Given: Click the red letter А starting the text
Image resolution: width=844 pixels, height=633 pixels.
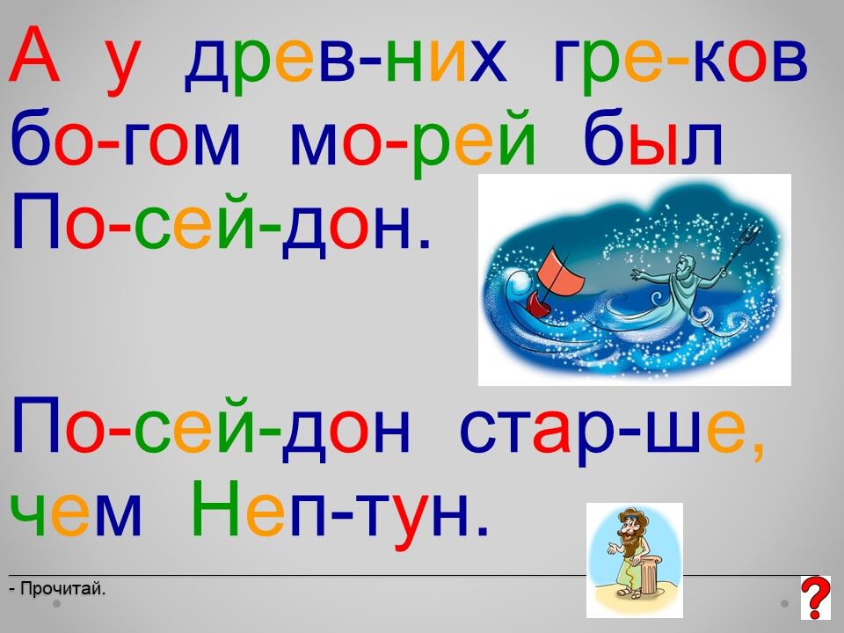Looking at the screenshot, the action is click(34, 55).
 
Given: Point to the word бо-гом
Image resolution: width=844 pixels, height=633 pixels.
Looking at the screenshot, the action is click(124, 137).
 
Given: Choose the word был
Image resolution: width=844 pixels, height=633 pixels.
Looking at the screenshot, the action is click(653, 137).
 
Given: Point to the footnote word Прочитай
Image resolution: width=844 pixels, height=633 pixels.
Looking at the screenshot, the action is click(62, 589).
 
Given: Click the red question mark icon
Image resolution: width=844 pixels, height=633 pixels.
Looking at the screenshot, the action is click(816, 597).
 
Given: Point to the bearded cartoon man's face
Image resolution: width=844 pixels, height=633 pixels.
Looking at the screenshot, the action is click(625, 531).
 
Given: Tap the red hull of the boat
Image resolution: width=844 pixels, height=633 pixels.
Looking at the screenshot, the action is click(538, 305).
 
